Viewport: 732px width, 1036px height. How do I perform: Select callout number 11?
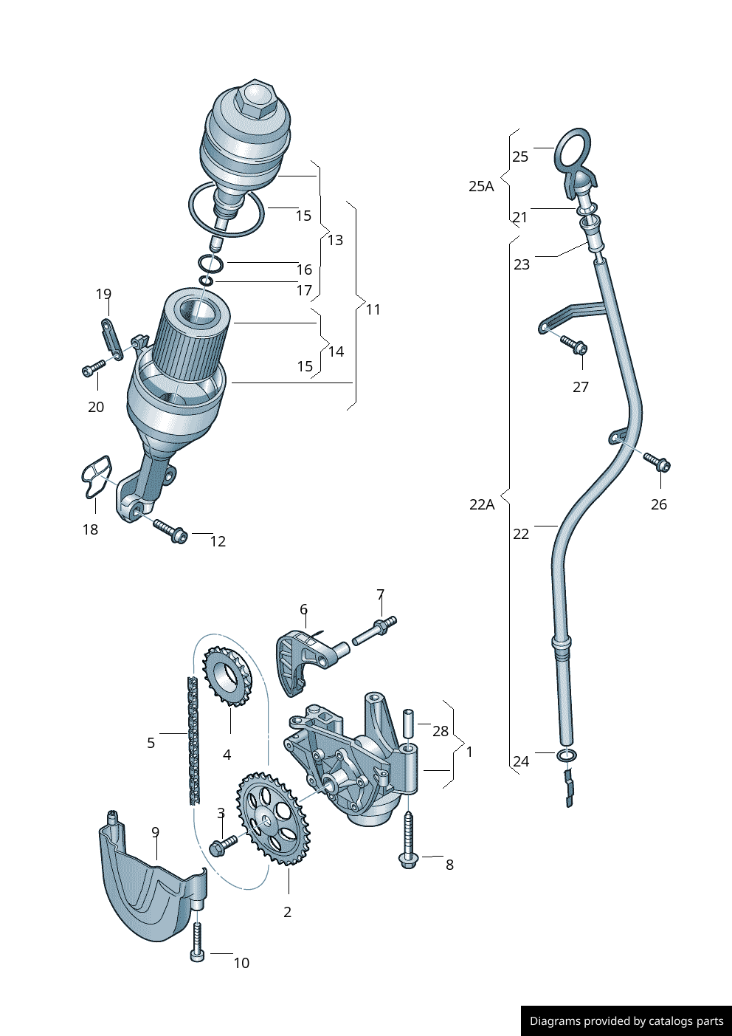coord(373,309)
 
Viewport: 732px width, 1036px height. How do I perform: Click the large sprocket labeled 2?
coord(273,818)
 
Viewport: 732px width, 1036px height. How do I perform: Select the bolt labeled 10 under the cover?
coord(197,943)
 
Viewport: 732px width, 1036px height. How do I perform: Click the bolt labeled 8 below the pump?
coord(408,841)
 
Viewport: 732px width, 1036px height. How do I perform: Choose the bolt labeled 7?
coord(375,631)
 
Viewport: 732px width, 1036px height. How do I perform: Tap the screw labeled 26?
coord(657,462)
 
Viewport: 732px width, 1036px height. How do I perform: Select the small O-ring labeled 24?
coord(567,755)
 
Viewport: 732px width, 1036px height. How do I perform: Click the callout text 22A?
coord(481,504)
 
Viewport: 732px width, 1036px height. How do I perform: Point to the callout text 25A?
coord(481,186)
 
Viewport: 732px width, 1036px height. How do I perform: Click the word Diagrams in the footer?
coord(554,1021)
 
